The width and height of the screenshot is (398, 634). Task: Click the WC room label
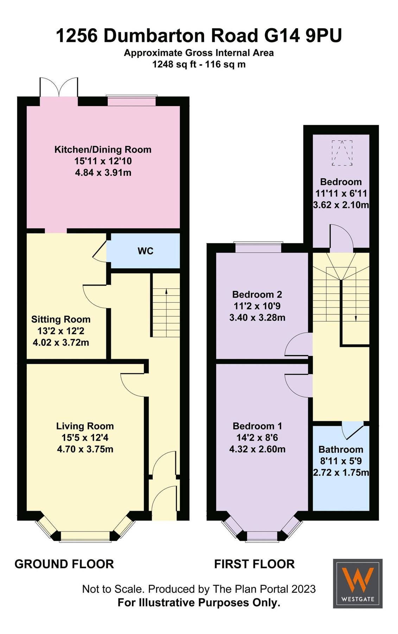click(x=145, y=251)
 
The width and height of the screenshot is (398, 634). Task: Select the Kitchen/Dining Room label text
click(x=103, y=149)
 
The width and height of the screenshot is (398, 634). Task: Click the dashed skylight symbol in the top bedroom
click(x=342, y=153)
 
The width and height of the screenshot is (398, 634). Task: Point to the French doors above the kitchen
click(x=59, y=87)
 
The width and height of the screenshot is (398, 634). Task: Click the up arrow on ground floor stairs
click(x=166, y=291)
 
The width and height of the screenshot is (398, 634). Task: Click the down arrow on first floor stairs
click(x=355, y=317)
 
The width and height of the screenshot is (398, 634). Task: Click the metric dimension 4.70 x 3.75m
click(x=85, y=449)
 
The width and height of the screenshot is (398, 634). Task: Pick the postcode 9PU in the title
click(x=323, y=36)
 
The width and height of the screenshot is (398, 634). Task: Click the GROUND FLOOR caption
click(x=64, y=564)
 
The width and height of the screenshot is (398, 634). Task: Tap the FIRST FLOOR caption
click(x=254, y=564)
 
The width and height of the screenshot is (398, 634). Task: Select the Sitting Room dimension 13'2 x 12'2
click(x=61, y=331)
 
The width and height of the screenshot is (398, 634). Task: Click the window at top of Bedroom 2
click(x=258, y=247)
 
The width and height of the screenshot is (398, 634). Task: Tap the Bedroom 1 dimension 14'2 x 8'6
click(x=257, y=437)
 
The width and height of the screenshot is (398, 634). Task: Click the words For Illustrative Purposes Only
click(x=199, y=602)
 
